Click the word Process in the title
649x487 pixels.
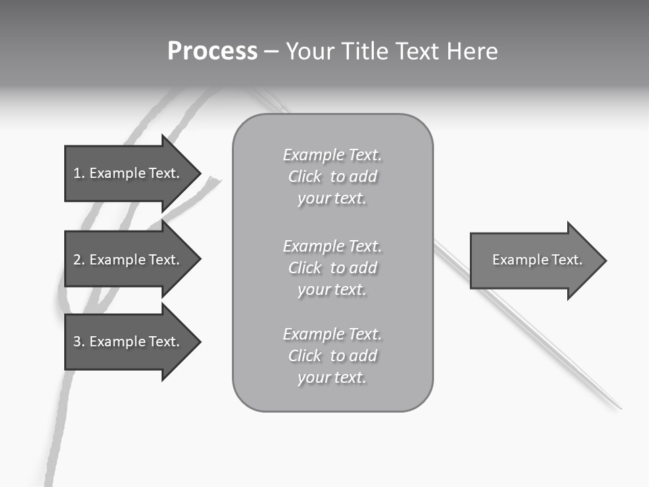[x=212, y=51]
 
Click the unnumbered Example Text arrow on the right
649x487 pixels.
[x=537, y=260]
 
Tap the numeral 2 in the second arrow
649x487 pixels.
[x=77, y=260]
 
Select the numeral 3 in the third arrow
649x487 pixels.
[x=77, y=342]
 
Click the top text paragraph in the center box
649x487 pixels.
[x=332, y=177]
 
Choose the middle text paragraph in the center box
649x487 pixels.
[x=332, y=268]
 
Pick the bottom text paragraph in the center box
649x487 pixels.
[x=332, y=356]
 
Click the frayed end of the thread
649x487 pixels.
[x=215, y=181]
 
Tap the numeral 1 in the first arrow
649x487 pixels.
[x=77, y=173]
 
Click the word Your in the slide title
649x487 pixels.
[x=308, y=51]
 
